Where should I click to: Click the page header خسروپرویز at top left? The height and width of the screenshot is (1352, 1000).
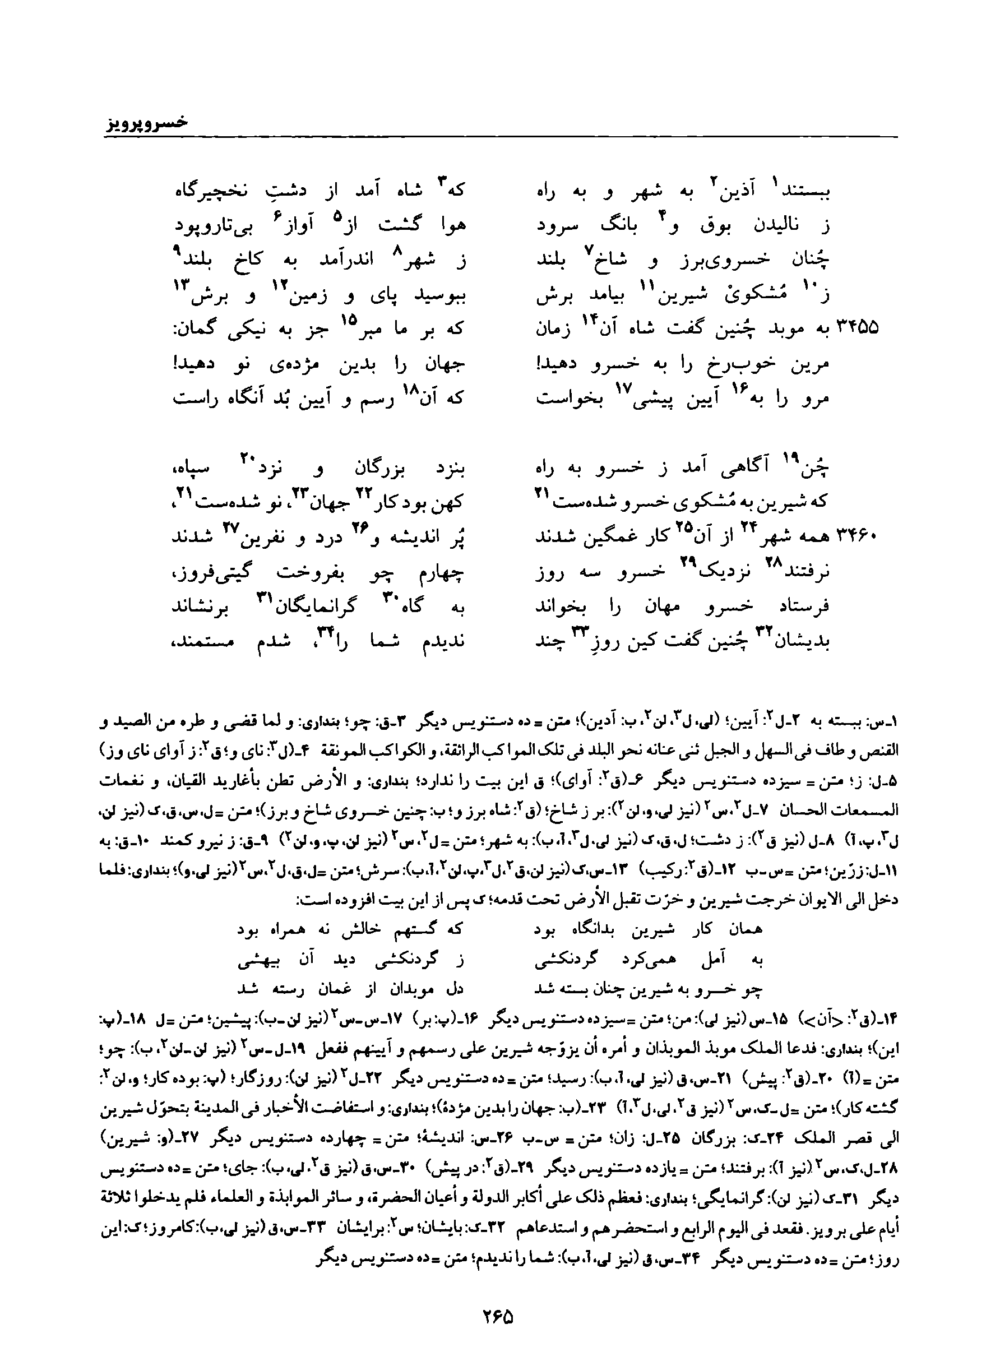(143, 123)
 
